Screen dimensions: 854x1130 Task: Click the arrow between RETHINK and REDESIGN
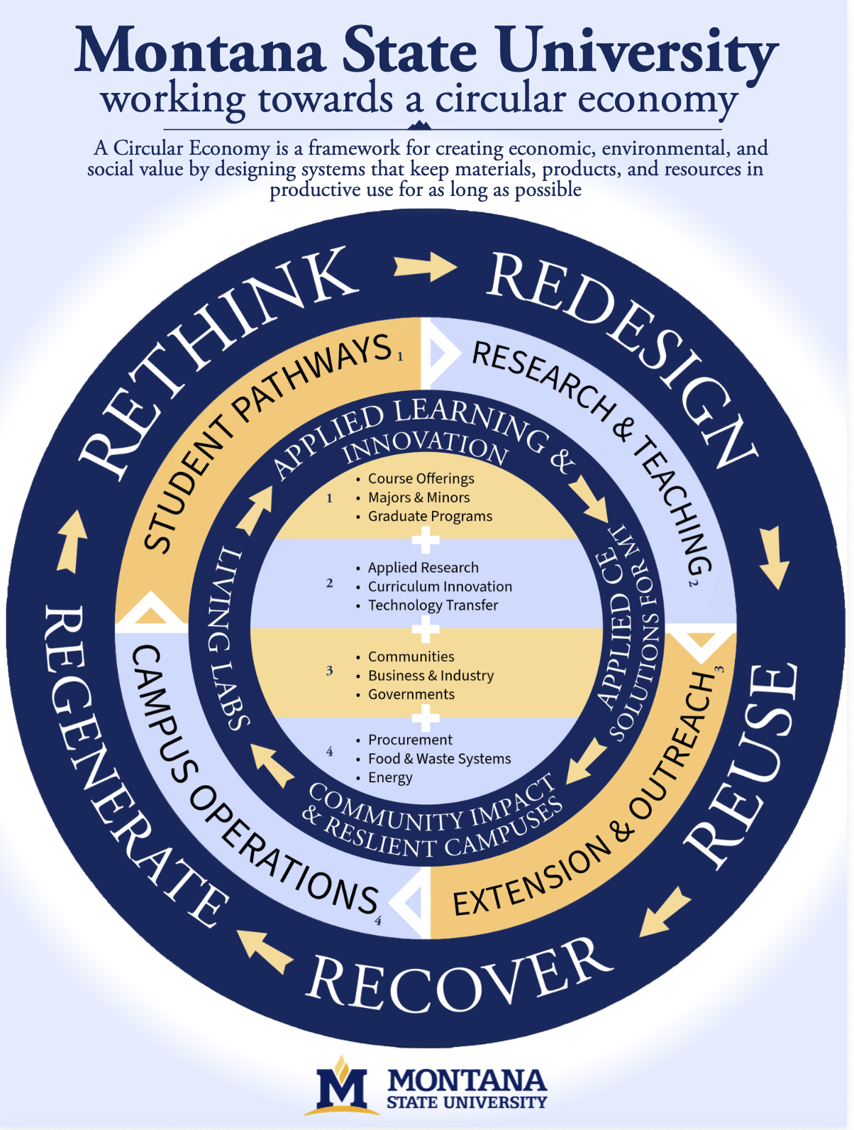(x=426, y=266)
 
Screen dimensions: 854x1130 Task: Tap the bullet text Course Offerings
(x=421, y=479)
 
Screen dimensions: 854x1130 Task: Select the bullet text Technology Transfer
(x=433, y=605)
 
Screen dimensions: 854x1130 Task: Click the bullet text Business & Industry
(x=431, y=676)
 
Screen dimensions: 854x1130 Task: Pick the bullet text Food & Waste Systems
(x=439, y=759)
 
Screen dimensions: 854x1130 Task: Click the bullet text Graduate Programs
(x=430, y=516)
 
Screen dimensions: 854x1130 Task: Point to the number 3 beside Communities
(x=329, y=671)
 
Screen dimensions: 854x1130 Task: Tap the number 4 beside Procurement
(x=329, y=752)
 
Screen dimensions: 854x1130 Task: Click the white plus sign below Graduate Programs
(x=426, y=541)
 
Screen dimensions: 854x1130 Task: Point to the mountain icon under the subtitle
(x=420, y=125)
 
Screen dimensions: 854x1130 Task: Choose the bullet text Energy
(x=390, y=777)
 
